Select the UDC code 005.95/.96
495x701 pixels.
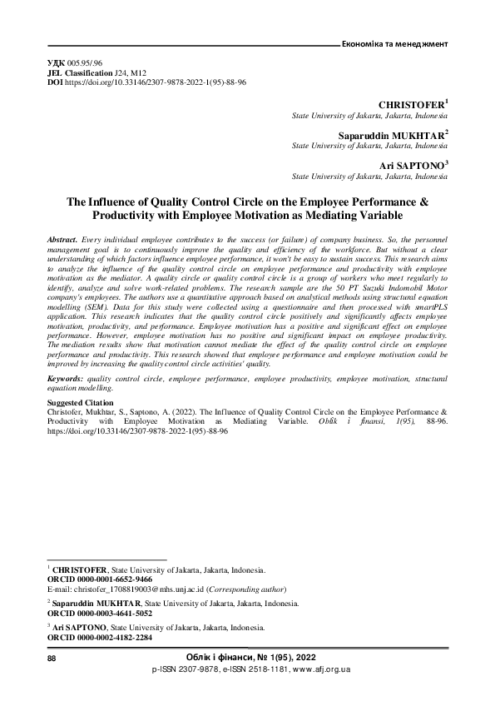click(x=86, y=63)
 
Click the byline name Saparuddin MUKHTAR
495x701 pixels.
click(x=391, y=135)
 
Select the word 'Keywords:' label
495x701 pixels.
click(x=67, y=377)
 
